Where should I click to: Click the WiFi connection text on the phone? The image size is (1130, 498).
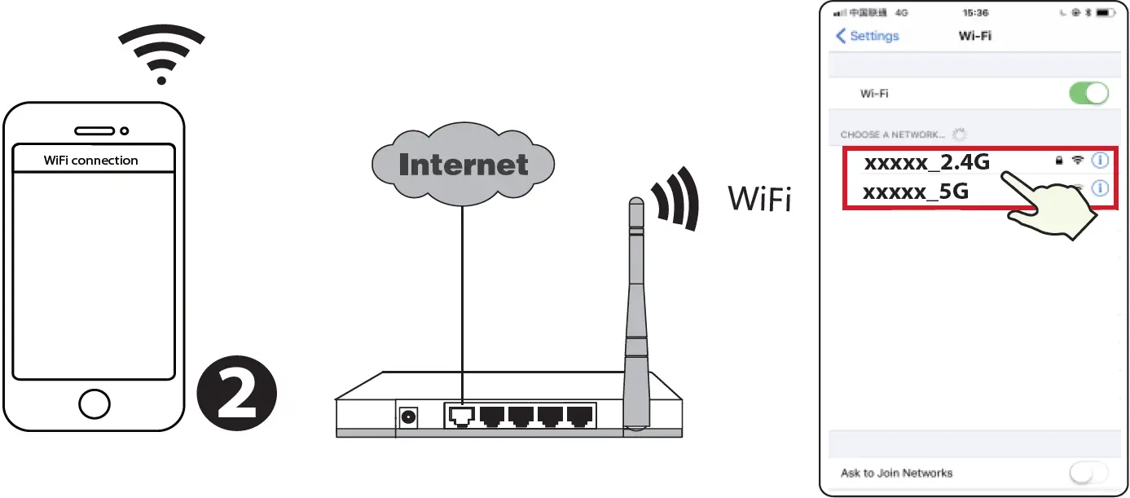click(91, 161)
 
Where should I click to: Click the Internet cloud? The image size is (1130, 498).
click(463, 164)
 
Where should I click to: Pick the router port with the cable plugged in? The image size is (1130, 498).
click(461, 416)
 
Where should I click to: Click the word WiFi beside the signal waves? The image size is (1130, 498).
click(758, 199)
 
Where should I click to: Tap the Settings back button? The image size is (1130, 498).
click(868, 36)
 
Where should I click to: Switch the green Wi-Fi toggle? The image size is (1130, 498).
click(1088, 93)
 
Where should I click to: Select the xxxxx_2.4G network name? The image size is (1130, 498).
click(926, 162)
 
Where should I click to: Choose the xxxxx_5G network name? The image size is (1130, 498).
click(916, 192)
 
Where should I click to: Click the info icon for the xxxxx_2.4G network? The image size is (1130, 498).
click(1100, 161)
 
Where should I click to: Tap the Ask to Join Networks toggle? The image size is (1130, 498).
click(1088, 473)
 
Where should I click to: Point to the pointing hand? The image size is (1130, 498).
click(1051, 209)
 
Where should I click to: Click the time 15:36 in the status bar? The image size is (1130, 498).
click(975, 13)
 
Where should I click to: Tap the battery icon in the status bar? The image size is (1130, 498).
click(1104, 13)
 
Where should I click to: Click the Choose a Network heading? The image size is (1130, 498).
click(893, 134)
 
